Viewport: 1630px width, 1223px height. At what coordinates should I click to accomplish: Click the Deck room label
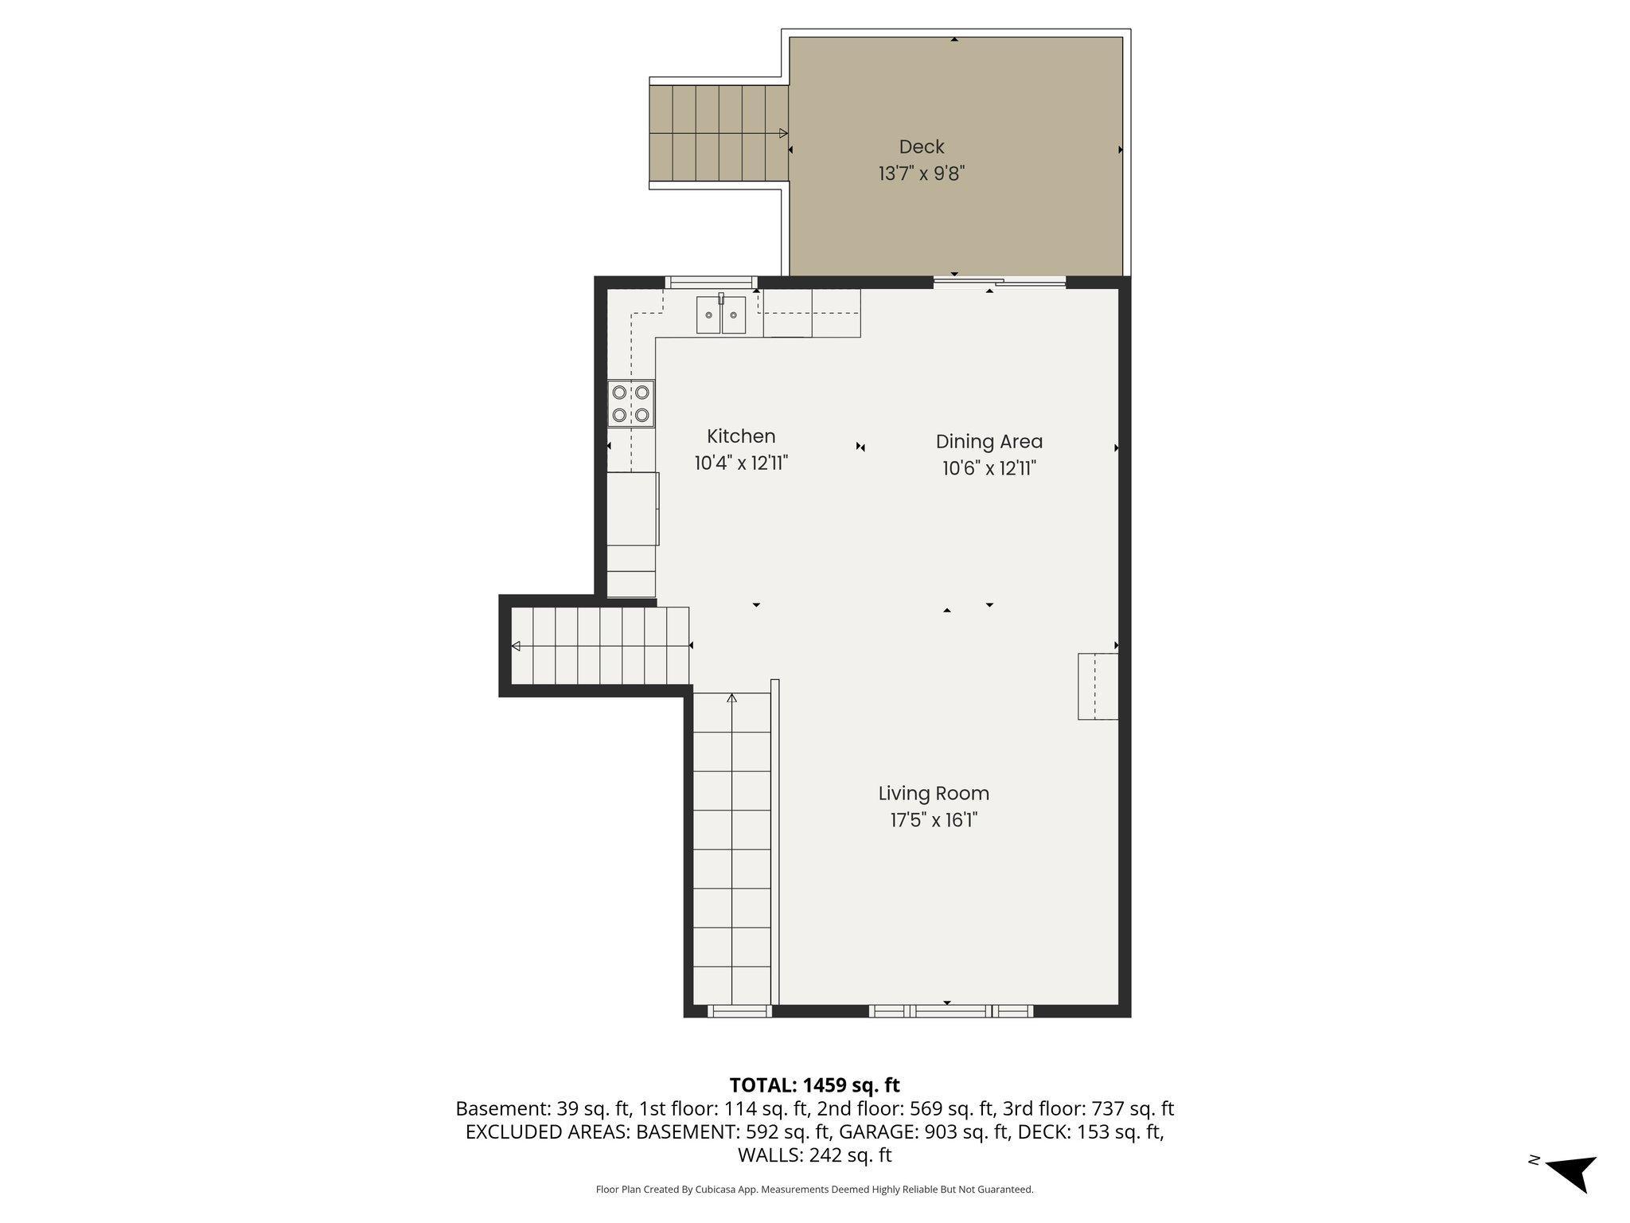[x=922, y=147]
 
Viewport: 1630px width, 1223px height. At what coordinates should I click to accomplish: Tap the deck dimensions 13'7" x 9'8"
[x=922, y=174]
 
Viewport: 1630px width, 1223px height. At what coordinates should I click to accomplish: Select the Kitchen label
[x=741, y=436]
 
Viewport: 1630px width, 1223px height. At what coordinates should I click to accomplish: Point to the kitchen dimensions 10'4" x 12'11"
[x=741, y=463]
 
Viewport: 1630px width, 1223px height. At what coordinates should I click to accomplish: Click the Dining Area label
[x=989, y=442]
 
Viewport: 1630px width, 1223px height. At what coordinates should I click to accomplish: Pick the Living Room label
[x=934, y=794]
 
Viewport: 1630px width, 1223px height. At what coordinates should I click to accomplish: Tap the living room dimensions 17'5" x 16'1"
[x=934, y=820]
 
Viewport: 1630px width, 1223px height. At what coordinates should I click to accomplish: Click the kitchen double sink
[x=721, y=315]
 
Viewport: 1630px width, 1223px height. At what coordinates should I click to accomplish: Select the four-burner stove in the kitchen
[x=631, y=404]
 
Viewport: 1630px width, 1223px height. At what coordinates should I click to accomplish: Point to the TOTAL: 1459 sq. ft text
[x=814, y=1085]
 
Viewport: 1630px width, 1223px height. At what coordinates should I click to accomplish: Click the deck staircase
[x=719, y=133]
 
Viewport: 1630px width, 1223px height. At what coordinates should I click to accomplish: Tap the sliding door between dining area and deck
[x=999, y=281]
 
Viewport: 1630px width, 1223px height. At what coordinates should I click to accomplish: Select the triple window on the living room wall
[x=950, y=1011]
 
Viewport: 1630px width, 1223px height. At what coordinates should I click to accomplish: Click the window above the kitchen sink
[x=711, y=281]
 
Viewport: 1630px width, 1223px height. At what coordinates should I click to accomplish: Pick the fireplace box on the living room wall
[x=1098, y=686]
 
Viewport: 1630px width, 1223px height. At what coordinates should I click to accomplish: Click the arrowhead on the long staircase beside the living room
[x=731, y=698]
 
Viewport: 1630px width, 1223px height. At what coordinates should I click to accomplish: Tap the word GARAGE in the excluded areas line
[x=866, y=1131]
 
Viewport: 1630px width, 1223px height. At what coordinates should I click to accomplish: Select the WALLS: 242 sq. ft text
[x=814, y=1155]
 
